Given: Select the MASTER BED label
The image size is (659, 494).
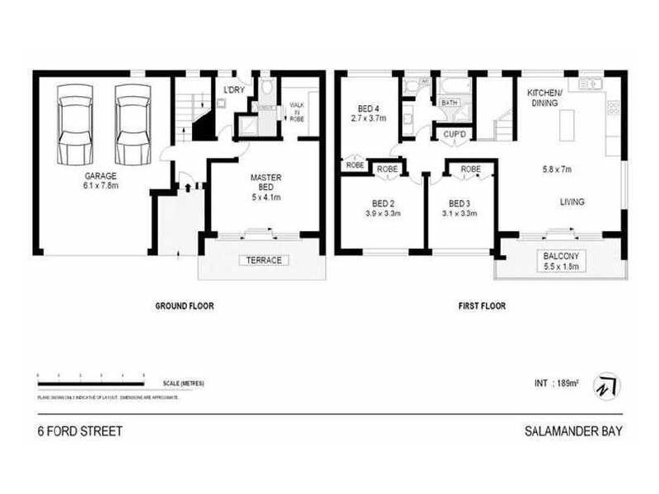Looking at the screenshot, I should click(x=265, y=183).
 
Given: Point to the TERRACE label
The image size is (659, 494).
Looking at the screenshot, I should click(x=259, y=260).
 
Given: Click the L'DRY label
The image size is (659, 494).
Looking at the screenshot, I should click(x=235, y=91).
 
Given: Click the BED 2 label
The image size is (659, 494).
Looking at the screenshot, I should click(x=382, y=203).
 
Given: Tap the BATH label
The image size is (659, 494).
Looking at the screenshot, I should click(x=450, y=103).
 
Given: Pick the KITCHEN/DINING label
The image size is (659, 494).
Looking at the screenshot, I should click(x=544, y=97).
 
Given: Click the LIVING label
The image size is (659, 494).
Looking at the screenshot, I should click(x=572, y=202).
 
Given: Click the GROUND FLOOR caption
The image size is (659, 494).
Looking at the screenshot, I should click(x=185, y=305).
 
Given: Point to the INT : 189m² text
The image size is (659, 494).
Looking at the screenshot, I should click(x=552, y=384).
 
